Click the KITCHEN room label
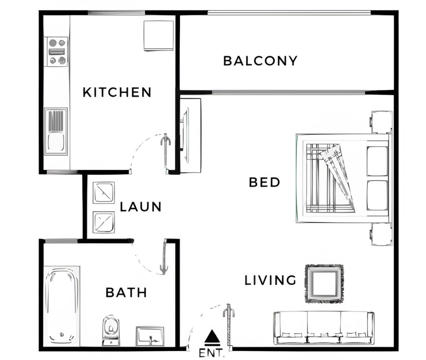[x=117, y=92]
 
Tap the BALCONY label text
[x=260, y=61]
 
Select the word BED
[x=264, y=182]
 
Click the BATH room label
[x=126, y=292]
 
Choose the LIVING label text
[x=270, y=280]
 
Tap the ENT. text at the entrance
[x=211, y=353]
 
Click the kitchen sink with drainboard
[x=56, y=131]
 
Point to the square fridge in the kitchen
[x=159, y=36]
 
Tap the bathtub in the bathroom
[x=62, y=306]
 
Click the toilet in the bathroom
[x=111, y=330]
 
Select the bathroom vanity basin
[x=150, y=336]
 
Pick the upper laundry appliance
[x=104, y=192]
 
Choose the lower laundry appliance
[x=104, y=222]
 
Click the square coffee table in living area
[x=324, y=284]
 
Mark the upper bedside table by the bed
[x=381, y=122]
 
